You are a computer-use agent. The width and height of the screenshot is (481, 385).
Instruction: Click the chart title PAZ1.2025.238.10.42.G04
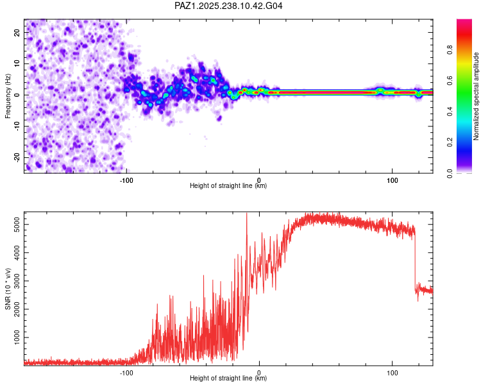coord(229,6)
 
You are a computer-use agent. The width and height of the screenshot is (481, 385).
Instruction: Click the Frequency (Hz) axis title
coord(8,96)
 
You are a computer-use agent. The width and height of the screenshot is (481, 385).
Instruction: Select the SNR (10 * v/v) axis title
coord(8,289)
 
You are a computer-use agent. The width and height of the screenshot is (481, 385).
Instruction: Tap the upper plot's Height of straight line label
coord(228,185)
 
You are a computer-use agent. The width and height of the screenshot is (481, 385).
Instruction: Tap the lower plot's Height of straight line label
coord(228,378)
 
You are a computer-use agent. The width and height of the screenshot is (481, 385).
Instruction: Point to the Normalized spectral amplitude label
coord(476,96)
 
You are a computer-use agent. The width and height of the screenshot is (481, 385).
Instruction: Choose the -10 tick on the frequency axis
coord(17,126)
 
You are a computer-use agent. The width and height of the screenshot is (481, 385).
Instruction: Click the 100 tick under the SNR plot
coord(392,372)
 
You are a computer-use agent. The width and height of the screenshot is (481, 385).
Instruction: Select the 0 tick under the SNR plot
coord(259,372)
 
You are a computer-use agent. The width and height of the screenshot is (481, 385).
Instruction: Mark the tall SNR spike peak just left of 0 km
coord(247,214)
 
